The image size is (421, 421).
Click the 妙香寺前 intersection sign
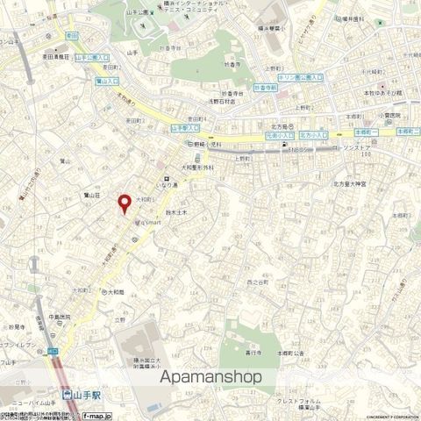tap(264, 89)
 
